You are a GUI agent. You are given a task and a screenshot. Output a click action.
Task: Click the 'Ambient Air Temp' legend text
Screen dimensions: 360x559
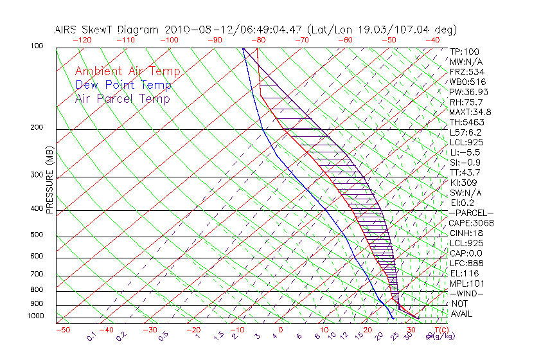click(127, 71)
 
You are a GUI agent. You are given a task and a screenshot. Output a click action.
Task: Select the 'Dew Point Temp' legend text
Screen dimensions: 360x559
click(123, 85)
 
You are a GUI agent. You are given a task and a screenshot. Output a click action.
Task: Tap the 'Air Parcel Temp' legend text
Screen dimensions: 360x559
click(122, 98)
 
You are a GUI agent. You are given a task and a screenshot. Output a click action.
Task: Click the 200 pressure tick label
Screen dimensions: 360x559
click(37, 128)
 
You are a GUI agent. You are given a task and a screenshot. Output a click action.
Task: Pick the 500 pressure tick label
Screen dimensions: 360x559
click(37, 235)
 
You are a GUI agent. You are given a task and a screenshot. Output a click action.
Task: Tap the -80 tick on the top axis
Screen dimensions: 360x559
click(258, 40)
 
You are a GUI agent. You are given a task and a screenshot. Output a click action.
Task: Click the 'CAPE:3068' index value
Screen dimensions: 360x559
click(471, 223)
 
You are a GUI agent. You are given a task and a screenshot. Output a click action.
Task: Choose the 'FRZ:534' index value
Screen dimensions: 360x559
click(466, 71)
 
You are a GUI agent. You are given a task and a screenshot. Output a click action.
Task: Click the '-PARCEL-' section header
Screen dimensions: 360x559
click(471, 213)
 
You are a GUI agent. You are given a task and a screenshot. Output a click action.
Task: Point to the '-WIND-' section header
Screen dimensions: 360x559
click(467, 294)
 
